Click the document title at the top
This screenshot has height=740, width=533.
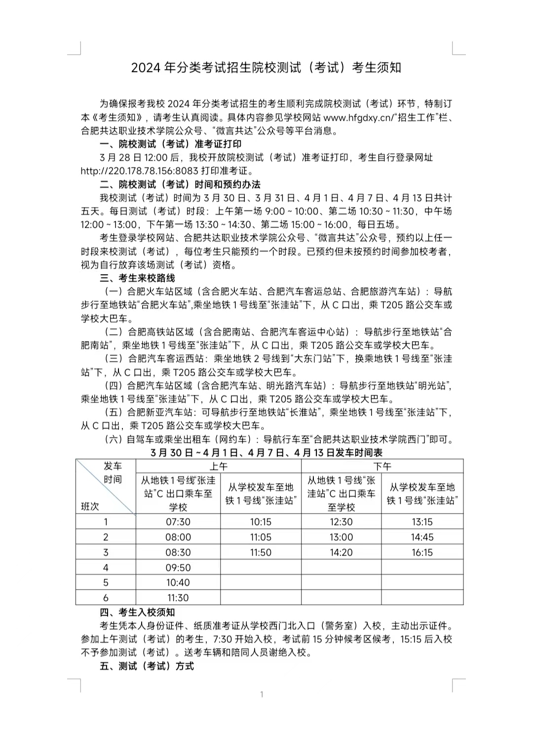pyautogui.click(x=266, y=68)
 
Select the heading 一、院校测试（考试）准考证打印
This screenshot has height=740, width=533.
pyautogui.click(x=170, y=144)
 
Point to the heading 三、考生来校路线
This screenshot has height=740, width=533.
pyautogui.click(x=137, y=278)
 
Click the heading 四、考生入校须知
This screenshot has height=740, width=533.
pyautogui.click(x=137, y=612)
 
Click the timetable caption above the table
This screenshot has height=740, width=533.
pyautogui.click(x=266, y=453)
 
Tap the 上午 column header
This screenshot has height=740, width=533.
pyautogui.click(x=218, y=466)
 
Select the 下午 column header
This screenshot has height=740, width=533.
pyautogui.click(x=382, y=466)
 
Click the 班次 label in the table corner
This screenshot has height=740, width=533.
pyautogui.click(x=90, y=506)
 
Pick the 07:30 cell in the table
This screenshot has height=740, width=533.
pyautogui.click(x=178, y=522)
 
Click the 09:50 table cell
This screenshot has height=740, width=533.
pyautogui.click(x=178, y=567)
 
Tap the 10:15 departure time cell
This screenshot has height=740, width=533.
pyautogui.click(x=261, y=522)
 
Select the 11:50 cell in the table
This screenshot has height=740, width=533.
pyautogui.click(x=261, y=552)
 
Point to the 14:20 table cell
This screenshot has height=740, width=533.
pyautogui.click(x=341, y=552)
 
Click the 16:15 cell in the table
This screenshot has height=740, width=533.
pyautogui.click(x=422, y=552)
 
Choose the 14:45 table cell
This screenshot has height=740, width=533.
pyautogui.click(x=422, y=537)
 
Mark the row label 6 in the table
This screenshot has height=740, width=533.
pyautogui.click(x=106, y=598)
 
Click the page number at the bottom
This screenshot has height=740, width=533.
pyautogui.click(x=262, y=695)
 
